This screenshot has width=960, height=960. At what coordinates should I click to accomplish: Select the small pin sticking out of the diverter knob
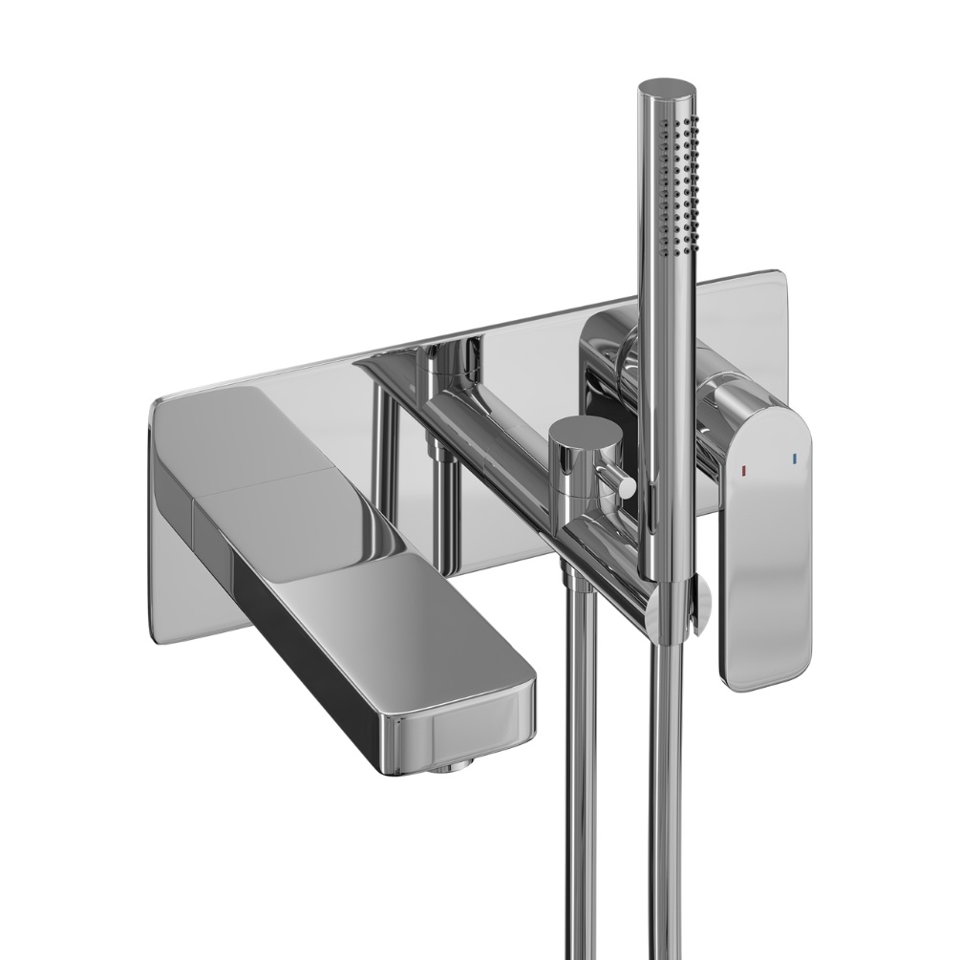click(x=626, y=487)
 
